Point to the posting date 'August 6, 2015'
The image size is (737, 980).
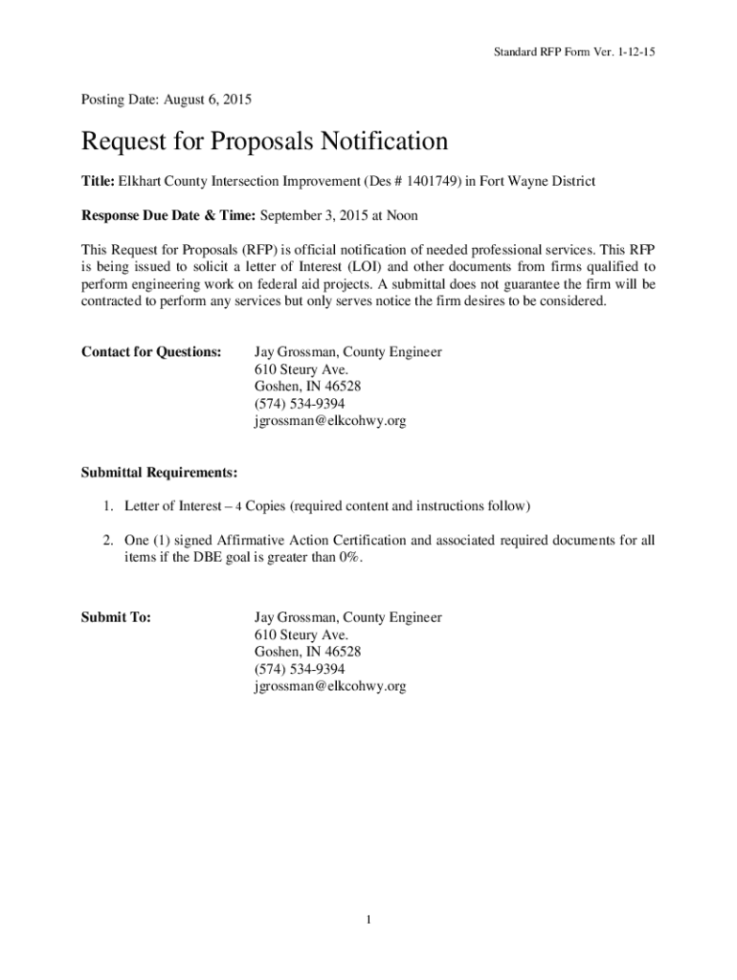coord(208,99)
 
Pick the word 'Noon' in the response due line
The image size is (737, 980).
coord(400,215)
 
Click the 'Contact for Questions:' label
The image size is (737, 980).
coord(151,352)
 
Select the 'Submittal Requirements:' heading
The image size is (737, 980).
coord(159,473)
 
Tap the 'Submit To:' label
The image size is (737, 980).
coord(116,617)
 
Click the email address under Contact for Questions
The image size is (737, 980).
coord(330,421)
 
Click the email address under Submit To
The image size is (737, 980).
coord(330,686)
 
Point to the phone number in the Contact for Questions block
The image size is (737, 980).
coord(300,404)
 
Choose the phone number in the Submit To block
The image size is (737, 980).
coord(300,669)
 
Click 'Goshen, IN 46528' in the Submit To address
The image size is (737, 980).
coord(307,652)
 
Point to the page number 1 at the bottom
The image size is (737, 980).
coord(368,920)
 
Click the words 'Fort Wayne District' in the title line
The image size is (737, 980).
coord(537,181)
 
